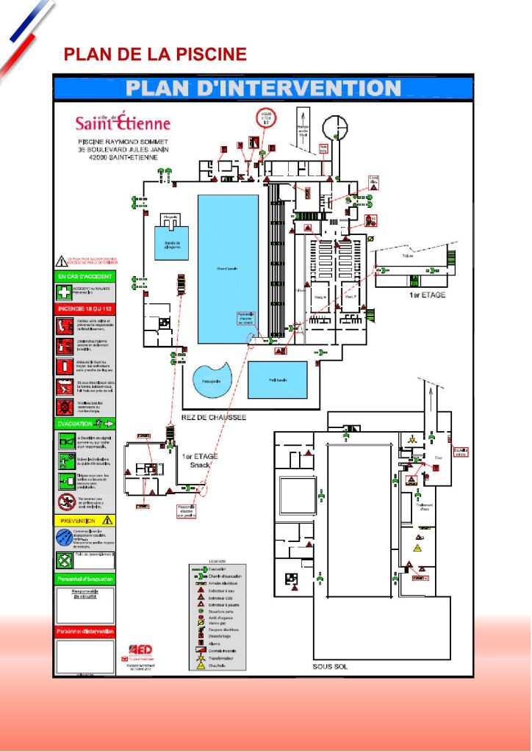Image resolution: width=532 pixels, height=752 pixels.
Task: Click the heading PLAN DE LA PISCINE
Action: (x=155, y=54)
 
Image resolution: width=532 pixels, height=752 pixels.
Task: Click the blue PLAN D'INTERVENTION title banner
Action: (x=263, y=88)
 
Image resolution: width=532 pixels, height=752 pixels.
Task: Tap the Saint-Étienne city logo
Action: (x=123, y=123)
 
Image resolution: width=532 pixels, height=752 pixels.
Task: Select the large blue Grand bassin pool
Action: (x=228, y=268)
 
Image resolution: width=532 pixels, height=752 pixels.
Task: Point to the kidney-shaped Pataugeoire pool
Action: (x=211, y=380)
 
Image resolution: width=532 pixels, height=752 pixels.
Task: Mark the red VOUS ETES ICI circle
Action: (x=265, y=118)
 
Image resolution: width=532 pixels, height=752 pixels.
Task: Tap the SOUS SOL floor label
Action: (x=331, y=667)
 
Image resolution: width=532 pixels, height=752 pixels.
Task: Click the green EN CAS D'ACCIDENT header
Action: (x=85, y=276)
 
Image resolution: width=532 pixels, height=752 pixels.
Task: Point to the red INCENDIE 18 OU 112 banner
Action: (x=85, y=308)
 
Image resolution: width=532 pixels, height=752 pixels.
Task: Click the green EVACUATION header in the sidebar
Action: (x=85, y=424)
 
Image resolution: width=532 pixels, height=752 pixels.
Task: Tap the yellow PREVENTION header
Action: (x=85, y=520)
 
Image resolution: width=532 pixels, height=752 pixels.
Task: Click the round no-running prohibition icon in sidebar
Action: (x=65, y=502)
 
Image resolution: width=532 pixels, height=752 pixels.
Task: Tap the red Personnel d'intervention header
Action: (x=85, y=632)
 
